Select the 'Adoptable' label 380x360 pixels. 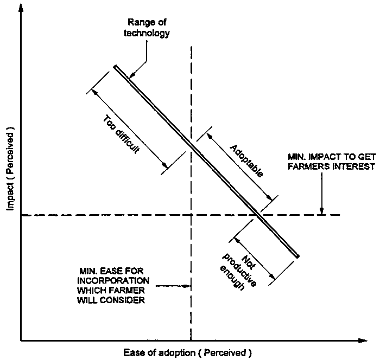(246, 161)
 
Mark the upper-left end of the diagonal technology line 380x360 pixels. (116, 67)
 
